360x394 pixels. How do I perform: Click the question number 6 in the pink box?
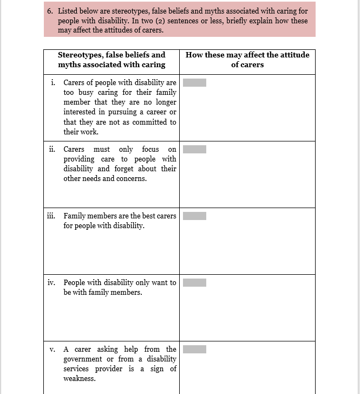click(49, 11)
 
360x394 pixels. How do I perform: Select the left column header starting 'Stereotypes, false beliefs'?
click(112, 60)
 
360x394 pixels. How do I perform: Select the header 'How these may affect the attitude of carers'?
click(247, 60)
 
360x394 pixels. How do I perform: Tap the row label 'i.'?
click(53, 83)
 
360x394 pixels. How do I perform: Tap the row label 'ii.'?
click(52, 149)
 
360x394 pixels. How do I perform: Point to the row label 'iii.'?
click(51, 216)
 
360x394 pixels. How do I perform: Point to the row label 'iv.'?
click(51, 282)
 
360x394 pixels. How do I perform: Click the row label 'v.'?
click(53, 350)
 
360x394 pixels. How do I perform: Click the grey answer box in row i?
click(194, 83)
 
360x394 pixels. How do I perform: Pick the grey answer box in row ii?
click(194, 149)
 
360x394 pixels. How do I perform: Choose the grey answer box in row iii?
click(194, 216)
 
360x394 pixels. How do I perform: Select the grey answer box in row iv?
click(194, 282)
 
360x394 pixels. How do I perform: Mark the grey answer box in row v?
click(194, 349)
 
